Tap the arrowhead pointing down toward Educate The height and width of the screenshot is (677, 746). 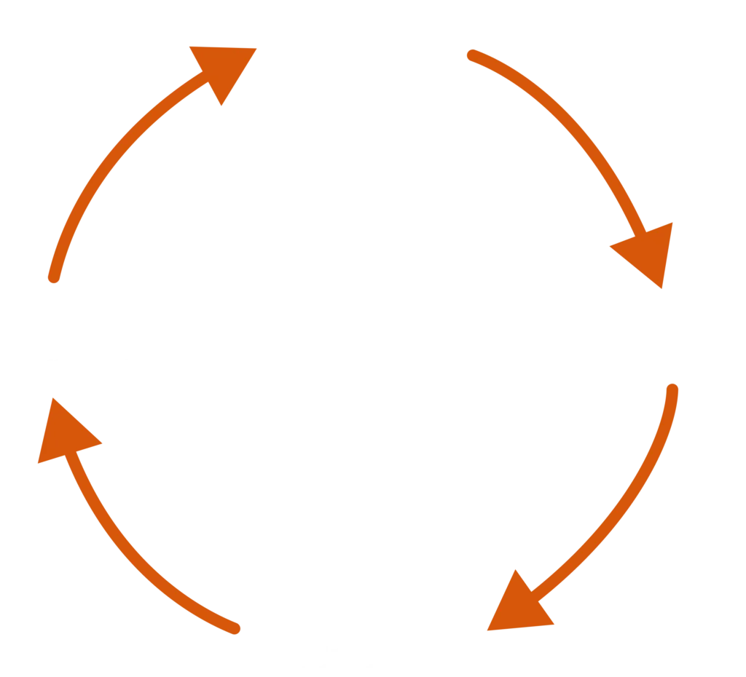point(645,255)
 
